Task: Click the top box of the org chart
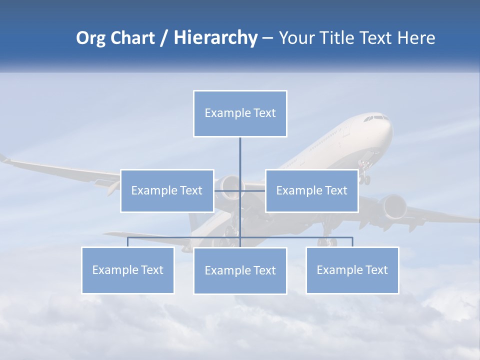(240, 113)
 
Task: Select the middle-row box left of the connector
(167, 190)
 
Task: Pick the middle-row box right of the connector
(311, 190)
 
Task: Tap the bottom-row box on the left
(127, 270)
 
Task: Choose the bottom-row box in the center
(240, 270)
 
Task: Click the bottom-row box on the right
(352, 270)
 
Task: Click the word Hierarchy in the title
(215, 37)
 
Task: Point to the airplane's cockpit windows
(376, 118)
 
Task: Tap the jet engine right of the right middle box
(393, 206)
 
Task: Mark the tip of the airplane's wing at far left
(4, 158)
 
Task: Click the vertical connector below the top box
(240, 152)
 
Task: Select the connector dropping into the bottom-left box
(127, 242)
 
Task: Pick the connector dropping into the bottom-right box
(352, 242)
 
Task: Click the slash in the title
(163, 38)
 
